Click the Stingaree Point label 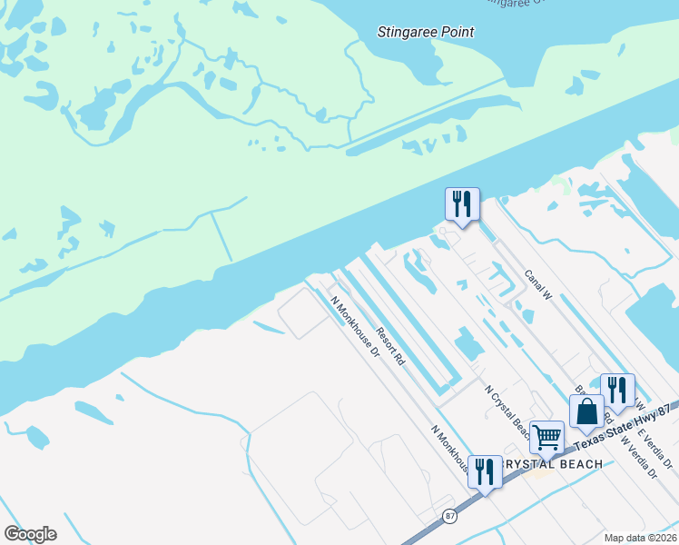[426, 33]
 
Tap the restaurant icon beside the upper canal [462, 203]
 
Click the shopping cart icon [546, 437]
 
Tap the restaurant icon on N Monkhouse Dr [485, 471]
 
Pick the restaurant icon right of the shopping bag [617, 390]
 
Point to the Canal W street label [538, 283]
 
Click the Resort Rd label [390, 346]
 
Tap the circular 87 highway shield [450, 515]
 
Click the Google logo [30, 533]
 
